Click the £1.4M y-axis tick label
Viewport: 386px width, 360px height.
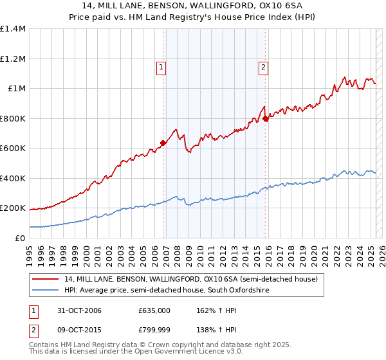coord(13,29)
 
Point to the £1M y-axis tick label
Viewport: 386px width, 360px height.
coord(16,89)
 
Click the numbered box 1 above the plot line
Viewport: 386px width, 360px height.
coord(160,66)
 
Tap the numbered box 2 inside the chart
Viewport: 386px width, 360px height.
coord(264,66)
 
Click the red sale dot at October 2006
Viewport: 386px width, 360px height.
coord(163,143)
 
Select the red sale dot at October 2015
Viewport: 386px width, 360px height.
coord(266,119)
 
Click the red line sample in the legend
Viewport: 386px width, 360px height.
coord(46,280)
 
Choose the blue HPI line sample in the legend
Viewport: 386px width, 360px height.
coord(46,291)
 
